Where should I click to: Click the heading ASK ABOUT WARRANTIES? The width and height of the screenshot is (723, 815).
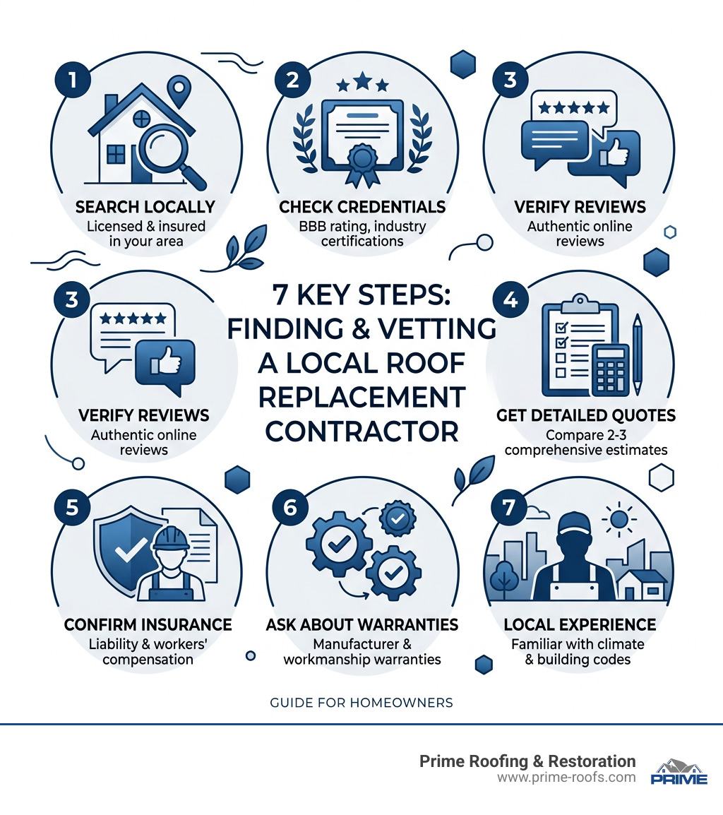[361, 624]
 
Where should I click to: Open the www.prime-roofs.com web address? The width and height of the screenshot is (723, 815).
[566, 777]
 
